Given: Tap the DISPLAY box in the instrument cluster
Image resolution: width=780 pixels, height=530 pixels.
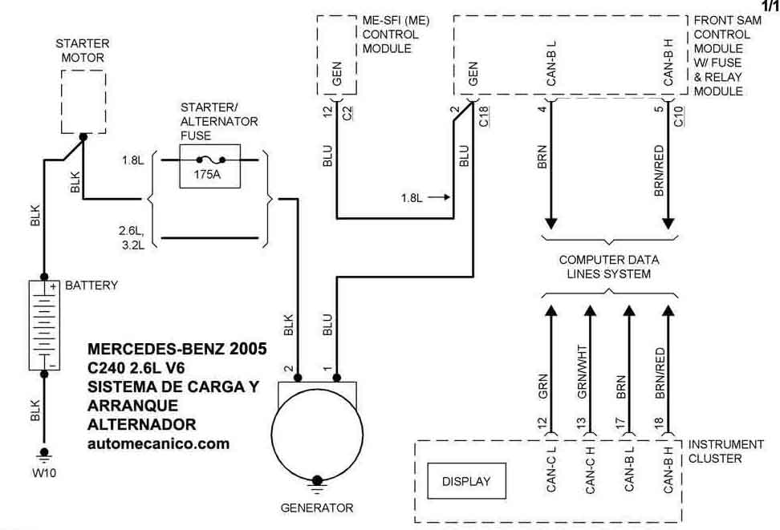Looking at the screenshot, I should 465,482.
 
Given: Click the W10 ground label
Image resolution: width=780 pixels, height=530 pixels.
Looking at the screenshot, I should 44,471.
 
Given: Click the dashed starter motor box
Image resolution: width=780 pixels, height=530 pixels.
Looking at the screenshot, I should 83,100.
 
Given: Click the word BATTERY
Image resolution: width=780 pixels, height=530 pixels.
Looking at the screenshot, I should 91,285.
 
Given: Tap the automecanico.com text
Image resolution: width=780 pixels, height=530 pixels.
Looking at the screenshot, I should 157,443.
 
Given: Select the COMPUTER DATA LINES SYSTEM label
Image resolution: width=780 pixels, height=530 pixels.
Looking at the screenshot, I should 609,267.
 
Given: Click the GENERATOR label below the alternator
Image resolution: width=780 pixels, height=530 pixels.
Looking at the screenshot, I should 316,508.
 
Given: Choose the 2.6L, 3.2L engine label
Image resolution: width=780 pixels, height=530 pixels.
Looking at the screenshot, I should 131,237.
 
